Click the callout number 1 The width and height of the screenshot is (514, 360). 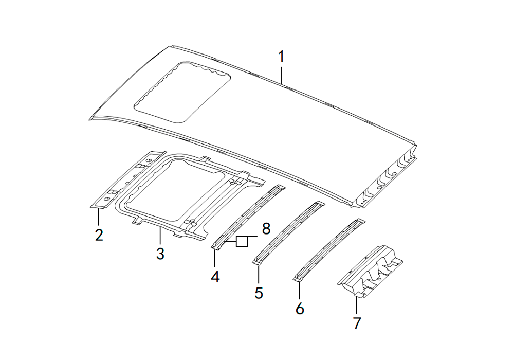[x=281, y=57]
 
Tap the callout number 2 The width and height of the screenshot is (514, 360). [x=99, y=235]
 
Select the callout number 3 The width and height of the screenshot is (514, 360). [x=160, y=254]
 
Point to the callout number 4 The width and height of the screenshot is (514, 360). [x=215, y=277]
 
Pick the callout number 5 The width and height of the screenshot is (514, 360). [x=259, y=293]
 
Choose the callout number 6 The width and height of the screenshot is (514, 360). [x=300, y=308]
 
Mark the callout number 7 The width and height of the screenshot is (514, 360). [x=357, y=323]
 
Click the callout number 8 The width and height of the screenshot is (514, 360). [x=266, y=228]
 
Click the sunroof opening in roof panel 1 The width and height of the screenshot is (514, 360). [x=182, y=92]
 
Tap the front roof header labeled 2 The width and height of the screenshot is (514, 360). [x=126, y=180]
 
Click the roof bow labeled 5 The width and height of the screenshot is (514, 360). [x=289, y=233]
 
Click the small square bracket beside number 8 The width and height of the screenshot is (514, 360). [x=242, y=241]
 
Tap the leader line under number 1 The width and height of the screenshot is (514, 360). [x=281, y=75]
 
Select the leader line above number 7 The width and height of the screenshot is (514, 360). [x=356, y=305]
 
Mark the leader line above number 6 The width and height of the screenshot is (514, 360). [x=299, y=290]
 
